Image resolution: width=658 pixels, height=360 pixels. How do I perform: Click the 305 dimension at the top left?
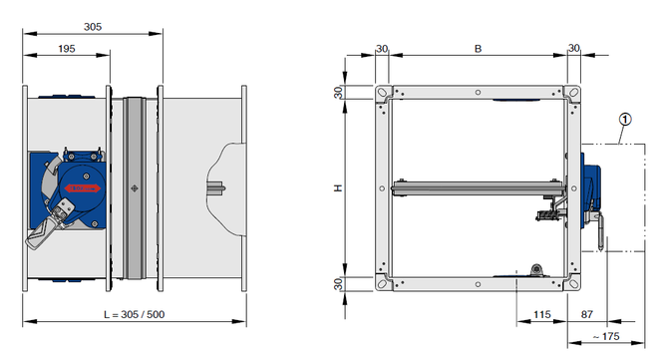click(93, 27)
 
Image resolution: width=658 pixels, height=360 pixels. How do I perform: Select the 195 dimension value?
click(67, 49)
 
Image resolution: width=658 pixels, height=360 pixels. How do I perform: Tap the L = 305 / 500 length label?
click(135, 314)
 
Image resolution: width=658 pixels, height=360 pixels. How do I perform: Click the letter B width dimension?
click(478, 49)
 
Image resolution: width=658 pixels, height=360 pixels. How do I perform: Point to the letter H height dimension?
click(338, 187)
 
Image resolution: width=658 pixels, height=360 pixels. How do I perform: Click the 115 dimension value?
click(541, 314)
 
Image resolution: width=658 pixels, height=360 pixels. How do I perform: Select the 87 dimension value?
click(586, 314)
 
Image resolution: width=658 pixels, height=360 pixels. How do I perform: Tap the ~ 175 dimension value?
click(606, 336)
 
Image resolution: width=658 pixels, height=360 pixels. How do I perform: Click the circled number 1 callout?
click(625, 120)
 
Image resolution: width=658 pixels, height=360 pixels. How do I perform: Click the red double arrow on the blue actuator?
click(82, 187)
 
